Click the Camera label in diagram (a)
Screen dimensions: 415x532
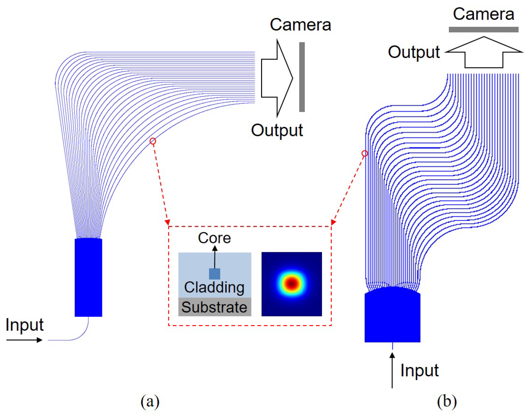[x=300, y=25]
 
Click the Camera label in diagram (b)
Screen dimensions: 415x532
[x=484, y=14]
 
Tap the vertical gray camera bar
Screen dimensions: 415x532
[x=302, y=77]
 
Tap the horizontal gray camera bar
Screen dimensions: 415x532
[x=484, y=30]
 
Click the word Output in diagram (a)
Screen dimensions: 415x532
[x=277, y=130]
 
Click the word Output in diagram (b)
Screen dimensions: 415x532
[x=414, y=52]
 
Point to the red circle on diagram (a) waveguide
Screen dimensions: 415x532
[x=153, y=141]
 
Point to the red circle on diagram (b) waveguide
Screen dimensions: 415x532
[x=365, y=153]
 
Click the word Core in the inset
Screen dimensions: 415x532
[x=214, y=238]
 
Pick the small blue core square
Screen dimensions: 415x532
[x=215, y=274]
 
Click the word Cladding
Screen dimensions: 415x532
[x=214, y=287]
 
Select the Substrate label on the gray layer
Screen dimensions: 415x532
[x=214, y=307]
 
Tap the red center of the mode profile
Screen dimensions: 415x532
[x=292, y=283]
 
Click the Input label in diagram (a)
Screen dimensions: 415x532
[x=25, y=325]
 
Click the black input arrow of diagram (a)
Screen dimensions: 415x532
[x=24, y=340]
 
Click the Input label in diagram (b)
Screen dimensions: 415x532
[x=420, y=370]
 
